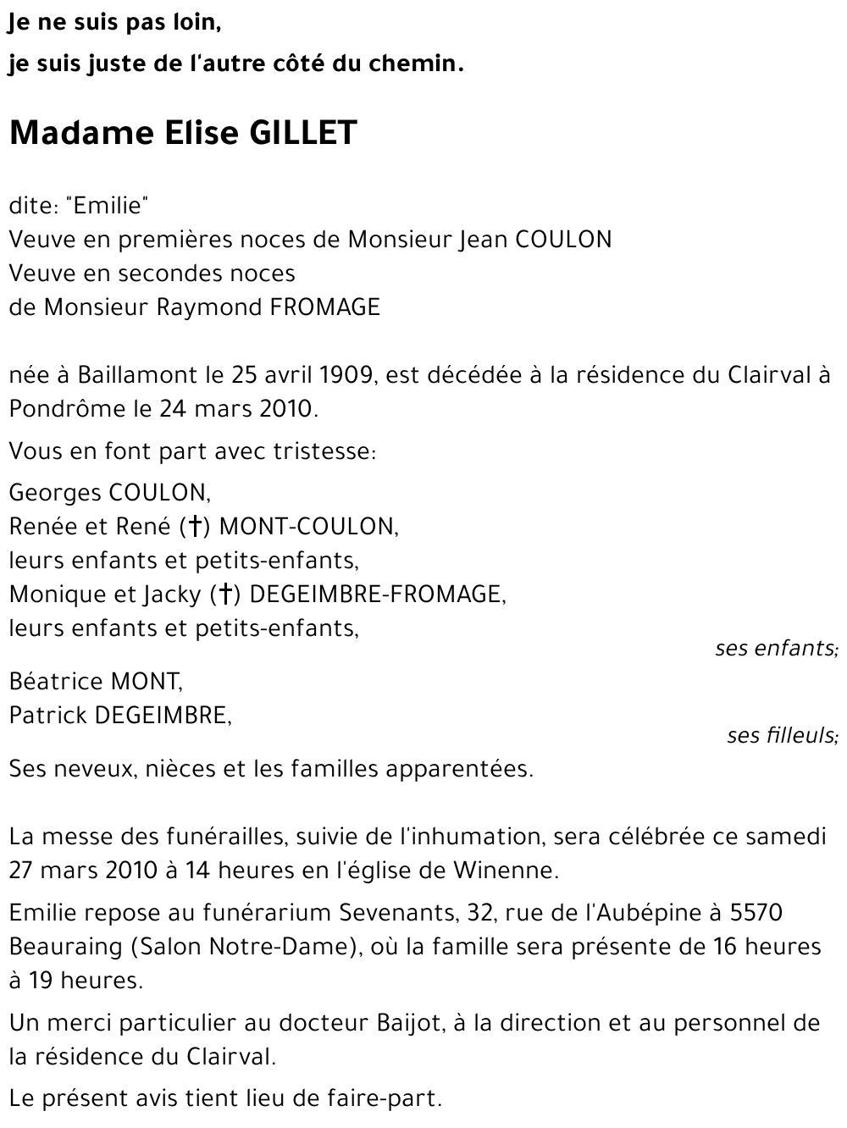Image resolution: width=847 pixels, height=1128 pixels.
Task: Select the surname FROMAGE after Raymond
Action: click(x=325, y=307)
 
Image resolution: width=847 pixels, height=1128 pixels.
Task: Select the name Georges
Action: click(x=55, y=492)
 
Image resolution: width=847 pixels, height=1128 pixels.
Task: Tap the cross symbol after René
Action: click(x=195, y=527)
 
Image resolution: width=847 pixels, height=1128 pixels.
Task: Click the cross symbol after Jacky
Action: click(x=225, y=594)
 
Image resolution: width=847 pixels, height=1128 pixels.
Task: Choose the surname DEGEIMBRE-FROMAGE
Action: click(x=378, y=594)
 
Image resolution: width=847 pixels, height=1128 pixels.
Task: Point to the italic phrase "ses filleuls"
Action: click(x=782, y=735)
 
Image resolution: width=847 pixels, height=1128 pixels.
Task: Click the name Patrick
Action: click(x=47, y=715)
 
